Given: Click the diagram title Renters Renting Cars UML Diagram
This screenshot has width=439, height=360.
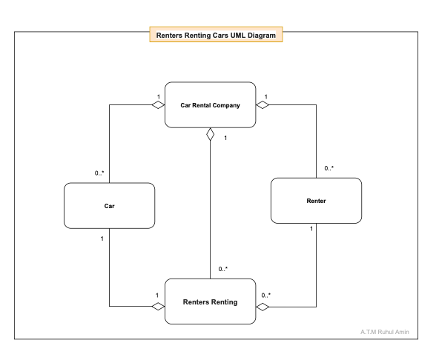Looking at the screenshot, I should click(216, 35).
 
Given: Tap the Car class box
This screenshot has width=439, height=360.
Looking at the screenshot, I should click(109, 206).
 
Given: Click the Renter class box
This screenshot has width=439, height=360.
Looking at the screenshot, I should click(316, 201).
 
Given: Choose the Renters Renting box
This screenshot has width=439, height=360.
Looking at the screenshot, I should click(210, 301).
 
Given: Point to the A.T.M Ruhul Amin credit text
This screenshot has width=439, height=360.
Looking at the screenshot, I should click(384, 331).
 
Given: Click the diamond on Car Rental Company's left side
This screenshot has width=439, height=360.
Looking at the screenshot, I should click(157, 105).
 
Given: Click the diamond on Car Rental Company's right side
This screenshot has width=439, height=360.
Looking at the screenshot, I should click(263, 105).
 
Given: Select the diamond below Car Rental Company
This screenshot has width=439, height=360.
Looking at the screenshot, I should click(211, 135).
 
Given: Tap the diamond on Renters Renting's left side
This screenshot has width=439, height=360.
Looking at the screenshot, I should click(157, 307).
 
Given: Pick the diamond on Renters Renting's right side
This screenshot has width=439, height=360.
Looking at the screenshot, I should click(263, 307).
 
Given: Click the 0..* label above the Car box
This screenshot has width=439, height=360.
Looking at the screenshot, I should click(99, 173).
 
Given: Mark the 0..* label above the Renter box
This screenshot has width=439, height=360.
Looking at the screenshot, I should click(329, 168).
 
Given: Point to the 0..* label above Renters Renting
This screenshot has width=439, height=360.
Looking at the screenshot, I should click(223, 269).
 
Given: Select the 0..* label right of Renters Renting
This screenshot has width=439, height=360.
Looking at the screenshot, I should click(265, 295).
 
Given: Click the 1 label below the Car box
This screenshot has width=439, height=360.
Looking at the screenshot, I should click(102, 238).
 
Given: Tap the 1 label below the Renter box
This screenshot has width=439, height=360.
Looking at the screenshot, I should click(311, 229).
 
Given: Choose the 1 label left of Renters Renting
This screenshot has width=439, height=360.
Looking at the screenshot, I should click(156, 295).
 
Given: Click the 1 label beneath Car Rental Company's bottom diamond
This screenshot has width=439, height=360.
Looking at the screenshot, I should click(225, 137).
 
